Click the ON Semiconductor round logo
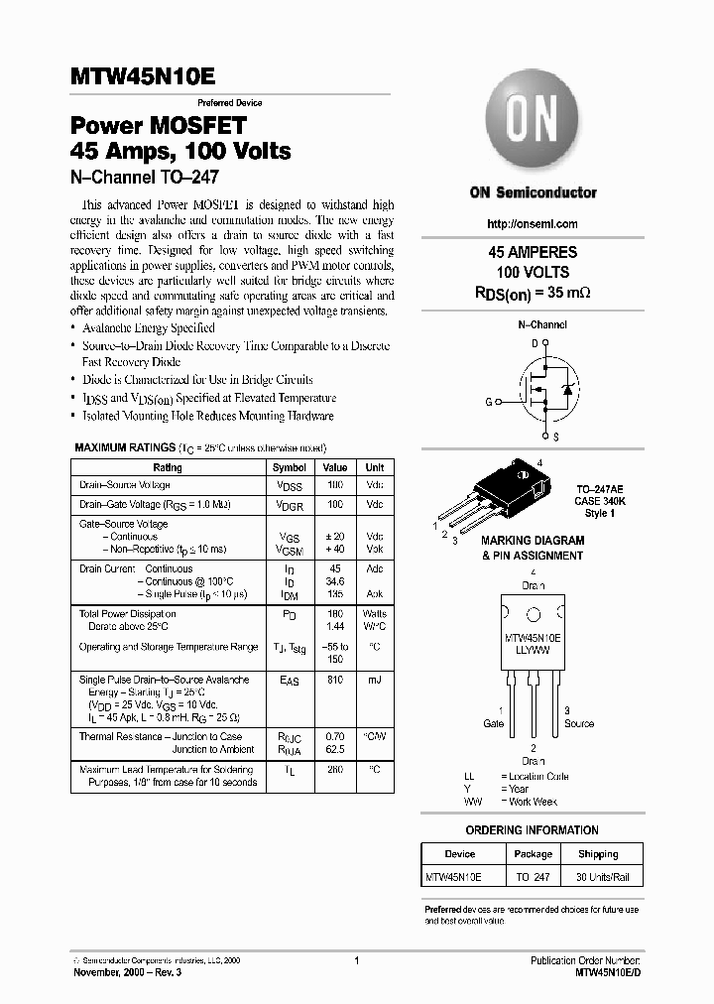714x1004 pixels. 533,129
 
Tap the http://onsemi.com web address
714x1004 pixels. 533,224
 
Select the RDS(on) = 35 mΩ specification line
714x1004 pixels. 533,293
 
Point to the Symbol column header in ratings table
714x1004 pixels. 290,467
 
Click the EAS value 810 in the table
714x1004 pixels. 335,681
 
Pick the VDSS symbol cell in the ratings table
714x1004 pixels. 290,486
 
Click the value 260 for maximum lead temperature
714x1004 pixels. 335,769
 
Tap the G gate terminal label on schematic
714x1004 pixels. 488,402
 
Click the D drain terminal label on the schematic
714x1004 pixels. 535,343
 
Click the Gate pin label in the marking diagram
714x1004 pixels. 494,724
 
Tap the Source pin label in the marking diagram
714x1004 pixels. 579,724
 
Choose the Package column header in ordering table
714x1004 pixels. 534,854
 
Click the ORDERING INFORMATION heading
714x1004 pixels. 532,829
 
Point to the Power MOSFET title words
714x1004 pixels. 157,126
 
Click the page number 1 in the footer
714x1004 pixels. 356,960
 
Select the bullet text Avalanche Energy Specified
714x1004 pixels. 148,327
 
